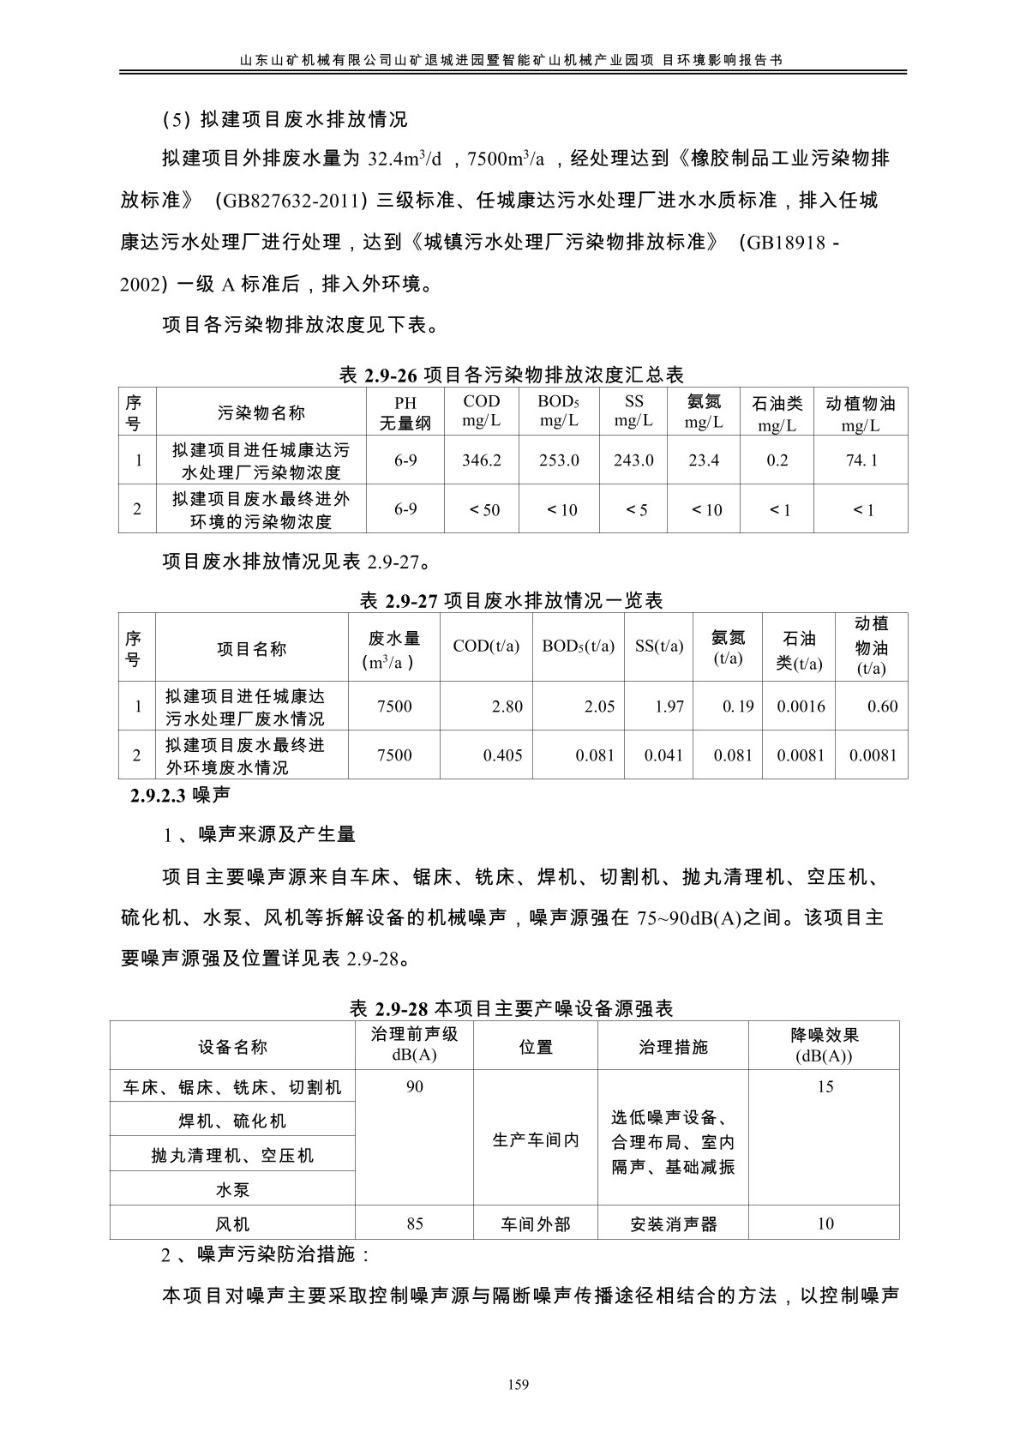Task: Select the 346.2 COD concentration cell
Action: click(481, 460)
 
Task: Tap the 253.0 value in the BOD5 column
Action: click(559, 460)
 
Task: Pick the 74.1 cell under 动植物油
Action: click(861, 460)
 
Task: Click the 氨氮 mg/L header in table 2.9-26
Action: click(704, 412)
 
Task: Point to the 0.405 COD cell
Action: click(502, 755)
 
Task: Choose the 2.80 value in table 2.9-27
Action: click(507, 706)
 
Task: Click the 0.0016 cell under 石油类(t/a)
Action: click(801, 706)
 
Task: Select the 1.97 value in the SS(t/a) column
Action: click(669, 706)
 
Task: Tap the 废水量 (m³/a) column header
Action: click(394, 649)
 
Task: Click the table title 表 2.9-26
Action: click(512, 375)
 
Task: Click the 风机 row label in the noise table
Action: click(232, 1224)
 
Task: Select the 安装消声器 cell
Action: click(673, 1224)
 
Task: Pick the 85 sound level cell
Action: click(415, 1224)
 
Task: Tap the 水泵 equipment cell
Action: click(232, 1190)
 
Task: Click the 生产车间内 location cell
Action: click(536, 1140)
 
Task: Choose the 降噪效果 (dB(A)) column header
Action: click(825, 1046)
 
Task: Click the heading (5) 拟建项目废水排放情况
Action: click(285, 119)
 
